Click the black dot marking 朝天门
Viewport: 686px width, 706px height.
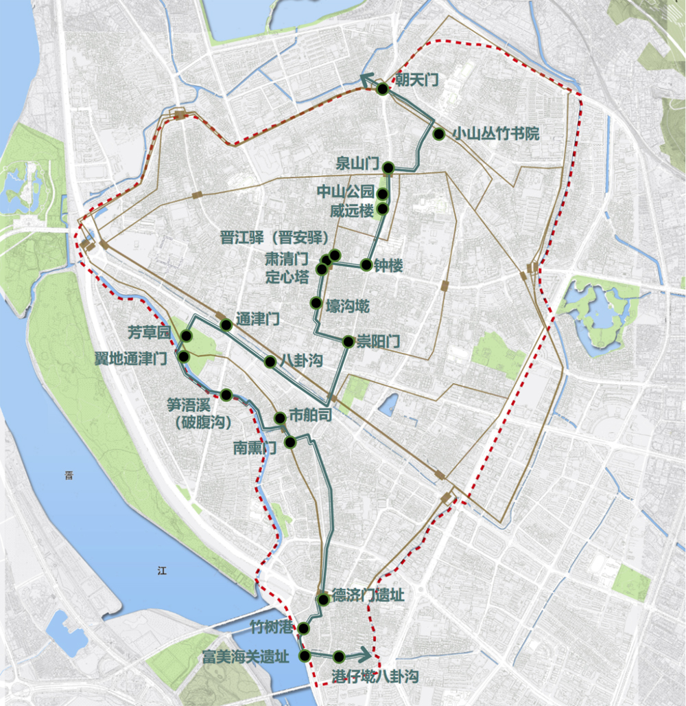point(383,89)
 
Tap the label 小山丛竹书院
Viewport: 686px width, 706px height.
point(495,134)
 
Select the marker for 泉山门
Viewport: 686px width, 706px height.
point(388,167)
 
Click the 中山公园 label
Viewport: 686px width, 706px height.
point(346,192)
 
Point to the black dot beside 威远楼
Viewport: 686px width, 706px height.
point(383,209)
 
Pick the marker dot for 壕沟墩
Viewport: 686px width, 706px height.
point(316,303)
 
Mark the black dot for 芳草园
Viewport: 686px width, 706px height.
point(186,336)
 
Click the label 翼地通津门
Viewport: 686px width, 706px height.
point(131,358)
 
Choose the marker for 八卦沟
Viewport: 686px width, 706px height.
point(270,362)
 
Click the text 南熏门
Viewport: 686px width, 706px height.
point(255,448)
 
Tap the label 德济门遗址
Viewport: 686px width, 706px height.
point(368,595)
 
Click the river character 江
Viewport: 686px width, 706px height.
point(162,569)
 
